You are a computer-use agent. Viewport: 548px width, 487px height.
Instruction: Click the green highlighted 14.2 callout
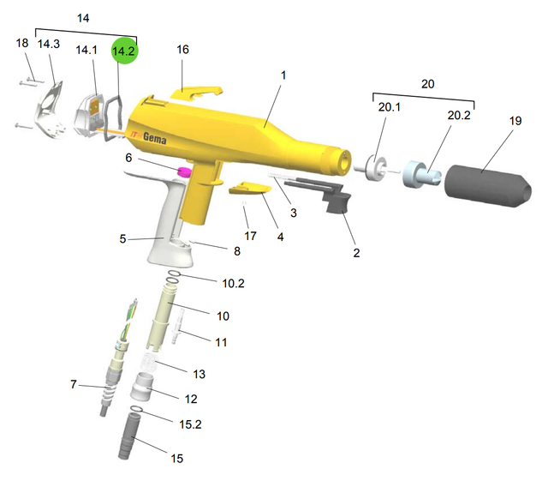click(x=125, y=51)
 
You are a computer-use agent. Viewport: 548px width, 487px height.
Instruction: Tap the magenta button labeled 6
click(x=185, y=171)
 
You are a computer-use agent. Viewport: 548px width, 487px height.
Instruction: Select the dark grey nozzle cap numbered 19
click(x=488, y=185)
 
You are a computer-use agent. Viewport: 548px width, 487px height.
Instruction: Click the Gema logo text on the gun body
click(x=154, y=138)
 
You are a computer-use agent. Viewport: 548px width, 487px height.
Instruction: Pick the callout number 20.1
click(x=390, y=107)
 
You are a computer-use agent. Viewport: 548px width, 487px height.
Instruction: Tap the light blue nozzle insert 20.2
click(x=420, y=174)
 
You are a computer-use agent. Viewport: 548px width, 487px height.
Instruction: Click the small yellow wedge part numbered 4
click(x=250, y=189)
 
